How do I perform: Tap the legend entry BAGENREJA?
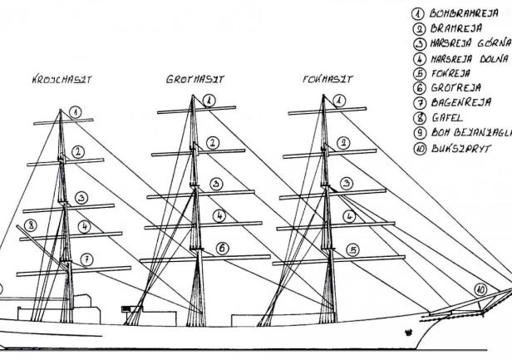click(460, 104)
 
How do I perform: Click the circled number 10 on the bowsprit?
click(480, 289)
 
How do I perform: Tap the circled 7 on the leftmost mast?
click(86, 259)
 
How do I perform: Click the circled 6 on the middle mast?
click(223, 248)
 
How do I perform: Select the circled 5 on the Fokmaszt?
click(353, 249)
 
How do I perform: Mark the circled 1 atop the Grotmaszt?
click(209, 100)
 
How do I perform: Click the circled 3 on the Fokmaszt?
click(346, 183)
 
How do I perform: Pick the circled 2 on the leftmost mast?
click(77, 150)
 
